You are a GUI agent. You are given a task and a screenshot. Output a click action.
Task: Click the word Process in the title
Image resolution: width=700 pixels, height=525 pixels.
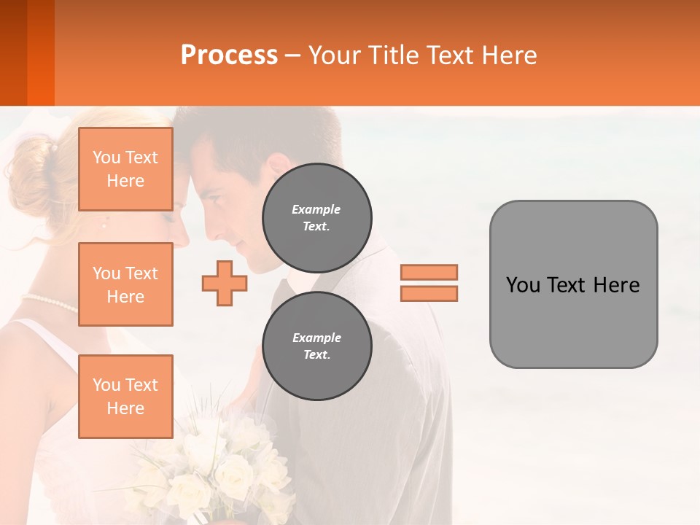[x=229, y=55]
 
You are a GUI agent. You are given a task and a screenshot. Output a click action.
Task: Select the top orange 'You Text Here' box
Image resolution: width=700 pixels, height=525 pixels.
[x=125, y=169]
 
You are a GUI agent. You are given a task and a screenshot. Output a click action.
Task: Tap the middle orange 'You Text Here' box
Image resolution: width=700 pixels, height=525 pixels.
[x=125, y=284]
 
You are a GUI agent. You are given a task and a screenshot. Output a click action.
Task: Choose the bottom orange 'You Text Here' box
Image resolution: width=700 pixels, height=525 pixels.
[x=125, y=397]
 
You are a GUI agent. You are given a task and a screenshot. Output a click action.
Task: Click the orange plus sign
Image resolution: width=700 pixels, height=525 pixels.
[x=224, y=283]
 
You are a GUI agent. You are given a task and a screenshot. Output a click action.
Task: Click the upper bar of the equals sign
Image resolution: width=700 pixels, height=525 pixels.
[x=429, y=272]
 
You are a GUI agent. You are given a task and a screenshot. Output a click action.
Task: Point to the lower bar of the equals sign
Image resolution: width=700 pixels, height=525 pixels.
[x=429, y=293]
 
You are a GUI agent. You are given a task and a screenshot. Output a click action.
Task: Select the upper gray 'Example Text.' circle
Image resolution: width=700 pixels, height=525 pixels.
[x=316, y=217]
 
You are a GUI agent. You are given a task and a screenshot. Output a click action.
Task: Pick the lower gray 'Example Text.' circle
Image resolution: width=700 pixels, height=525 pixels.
[x=316, y=346]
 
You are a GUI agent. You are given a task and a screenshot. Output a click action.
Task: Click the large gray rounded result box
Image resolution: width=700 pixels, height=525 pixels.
[x=573, y=284]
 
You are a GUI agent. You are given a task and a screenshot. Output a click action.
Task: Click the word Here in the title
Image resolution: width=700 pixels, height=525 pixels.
[x=507, y=55]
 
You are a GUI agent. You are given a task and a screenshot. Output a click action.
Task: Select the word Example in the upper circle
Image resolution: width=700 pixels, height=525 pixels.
[x=316, y=209]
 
